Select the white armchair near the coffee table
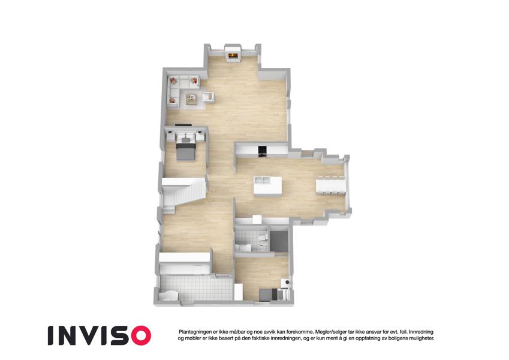209,97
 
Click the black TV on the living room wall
183,124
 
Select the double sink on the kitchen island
262,180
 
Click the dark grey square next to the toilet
279,241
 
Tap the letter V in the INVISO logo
93,335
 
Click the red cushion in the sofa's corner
173,80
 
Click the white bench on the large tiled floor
169,295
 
